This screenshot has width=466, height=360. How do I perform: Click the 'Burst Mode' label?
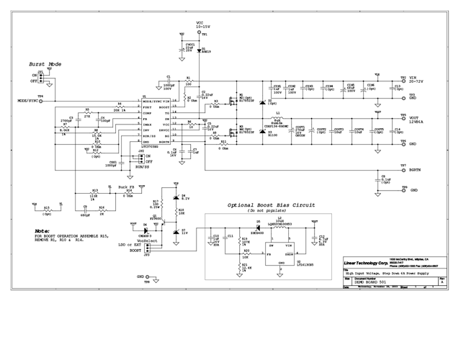click(45, 64)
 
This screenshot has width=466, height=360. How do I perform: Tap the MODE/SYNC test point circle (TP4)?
click(41, 102)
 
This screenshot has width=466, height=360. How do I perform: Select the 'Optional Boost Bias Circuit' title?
click(271, 205)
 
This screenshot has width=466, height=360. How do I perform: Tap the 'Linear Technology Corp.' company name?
click(364, 264)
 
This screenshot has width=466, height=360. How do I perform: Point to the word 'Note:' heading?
click(42, 231)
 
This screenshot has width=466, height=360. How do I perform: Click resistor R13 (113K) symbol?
click(92, 192)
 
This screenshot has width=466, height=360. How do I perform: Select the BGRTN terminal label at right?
click(415, 170)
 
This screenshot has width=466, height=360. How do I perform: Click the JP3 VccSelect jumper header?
click(147, 246)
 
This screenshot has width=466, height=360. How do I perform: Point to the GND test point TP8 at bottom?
click(141, 276)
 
